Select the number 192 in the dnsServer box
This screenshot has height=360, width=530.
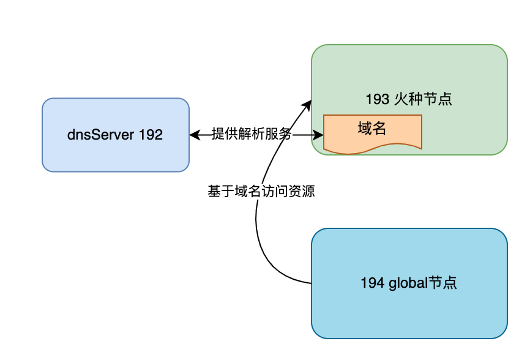pos(151,135)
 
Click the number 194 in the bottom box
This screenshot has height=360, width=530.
pos(371,283)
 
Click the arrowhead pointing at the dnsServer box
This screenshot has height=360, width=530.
pos(194,135)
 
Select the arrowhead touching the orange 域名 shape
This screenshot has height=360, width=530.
pos(319,135)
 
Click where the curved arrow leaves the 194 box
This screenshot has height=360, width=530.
pos(310,283)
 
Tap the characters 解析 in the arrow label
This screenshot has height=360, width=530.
pos(251,135)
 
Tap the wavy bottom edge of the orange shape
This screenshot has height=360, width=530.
pos(373,149)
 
